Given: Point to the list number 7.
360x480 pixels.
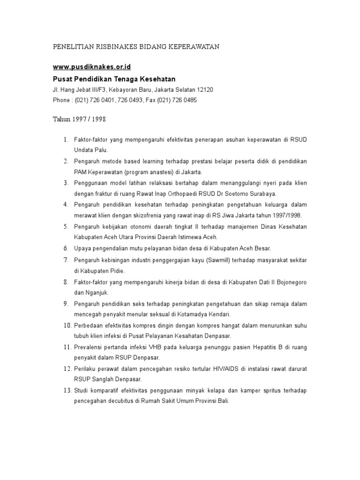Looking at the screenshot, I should coord(66,260).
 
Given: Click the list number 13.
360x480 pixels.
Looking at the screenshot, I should coord(67,390).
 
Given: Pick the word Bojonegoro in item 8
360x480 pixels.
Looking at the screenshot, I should coord(291,282).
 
